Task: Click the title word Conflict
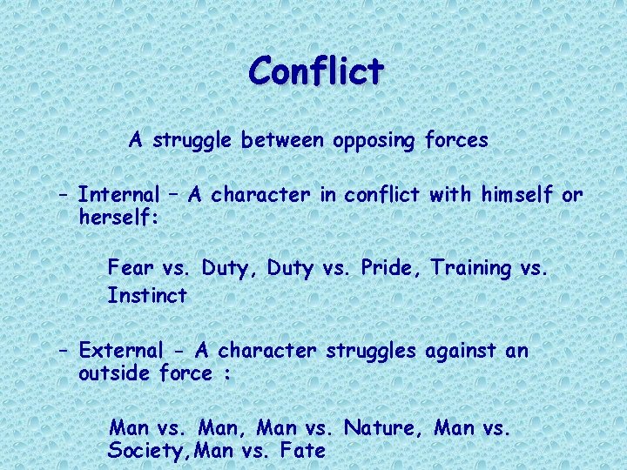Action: tap(315, 70)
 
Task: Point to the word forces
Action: tap(456, 140)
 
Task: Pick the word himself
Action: tap(513, 195)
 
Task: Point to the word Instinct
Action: tap(147, 295)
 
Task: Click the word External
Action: tap(121, 351)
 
